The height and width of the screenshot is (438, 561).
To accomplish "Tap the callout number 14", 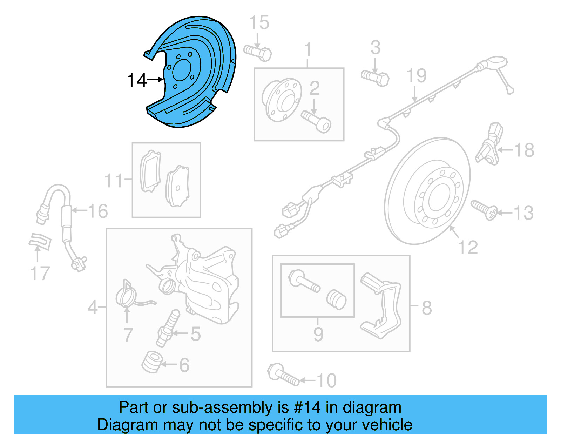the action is click(136, 81).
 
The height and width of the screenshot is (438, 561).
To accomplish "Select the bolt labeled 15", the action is click(258, 53).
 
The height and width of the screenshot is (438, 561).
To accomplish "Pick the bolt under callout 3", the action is click(375, 78).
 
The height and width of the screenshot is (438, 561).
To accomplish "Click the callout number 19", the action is click(416, 76).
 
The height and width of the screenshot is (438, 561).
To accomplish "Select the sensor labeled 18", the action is click(489, 144).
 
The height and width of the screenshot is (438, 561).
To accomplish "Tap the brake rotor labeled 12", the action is click(428, 191).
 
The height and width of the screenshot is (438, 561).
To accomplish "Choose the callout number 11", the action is click(114, 181).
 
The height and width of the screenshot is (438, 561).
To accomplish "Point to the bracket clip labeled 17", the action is click(40, 241).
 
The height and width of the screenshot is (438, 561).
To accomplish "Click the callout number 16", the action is click(98, 211).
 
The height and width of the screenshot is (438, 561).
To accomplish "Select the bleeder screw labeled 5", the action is click(168, 328).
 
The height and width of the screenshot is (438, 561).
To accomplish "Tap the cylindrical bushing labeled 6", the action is click(152, 362).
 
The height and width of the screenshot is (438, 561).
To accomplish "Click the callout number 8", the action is click(426, 308).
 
